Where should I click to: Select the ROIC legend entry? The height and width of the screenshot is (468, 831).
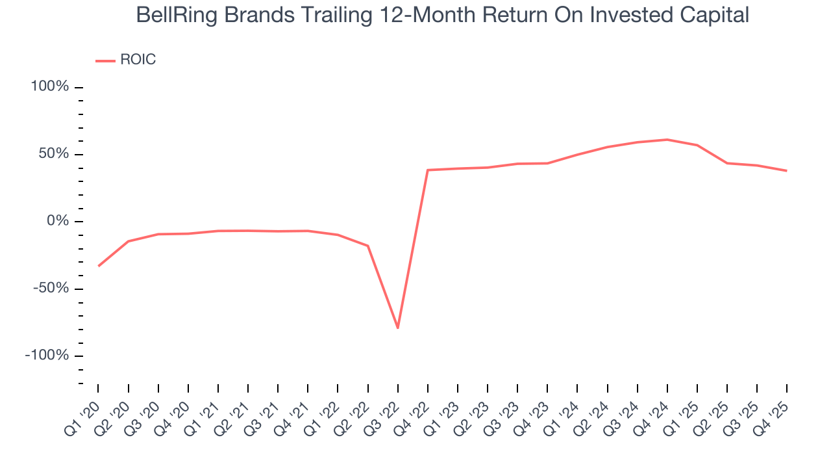(138, 60)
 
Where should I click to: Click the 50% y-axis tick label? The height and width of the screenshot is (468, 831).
(54, 154)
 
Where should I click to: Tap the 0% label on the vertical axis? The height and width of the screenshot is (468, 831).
(58, 221)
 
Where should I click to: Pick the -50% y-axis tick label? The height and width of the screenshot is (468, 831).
(51, 288)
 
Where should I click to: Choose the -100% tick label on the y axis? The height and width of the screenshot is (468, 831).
(47, 356)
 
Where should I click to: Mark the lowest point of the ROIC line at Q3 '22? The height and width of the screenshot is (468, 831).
(398, 328)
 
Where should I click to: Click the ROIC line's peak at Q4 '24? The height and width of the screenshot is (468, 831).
(667, 140)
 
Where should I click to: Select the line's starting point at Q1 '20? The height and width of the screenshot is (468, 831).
(99, 266)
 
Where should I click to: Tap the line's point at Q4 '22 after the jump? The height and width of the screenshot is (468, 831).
(428, 170)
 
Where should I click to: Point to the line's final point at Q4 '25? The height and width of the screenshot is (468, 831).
(787, 171)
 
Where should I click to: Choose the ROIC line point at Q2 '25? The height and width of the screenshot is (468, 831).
(727, 163)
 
